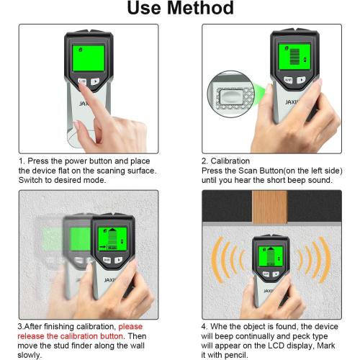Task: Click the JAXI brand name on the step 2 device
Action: pyautogui.click(x=289, y=102)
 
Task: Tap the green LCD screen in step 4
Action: pyautogui.click(x=271, y=253)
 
